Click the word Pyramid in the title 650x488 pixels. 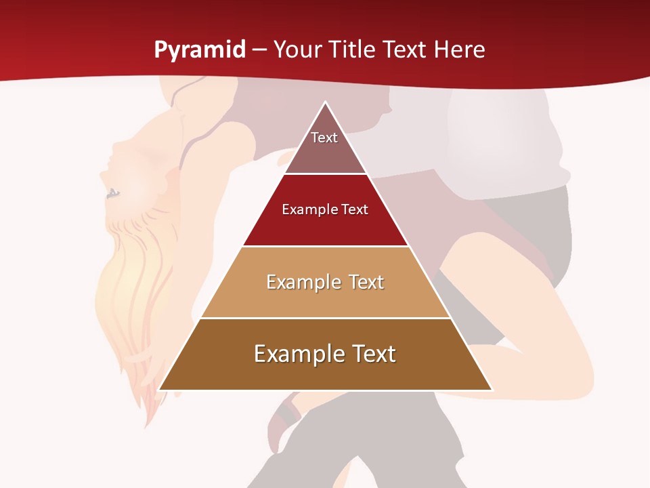point(199,49)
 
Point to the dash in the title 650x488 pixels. point(259,50)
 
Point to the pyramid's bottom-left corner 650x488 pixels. point(160,389)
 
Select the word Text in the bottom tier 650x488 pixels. point(372,354)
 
